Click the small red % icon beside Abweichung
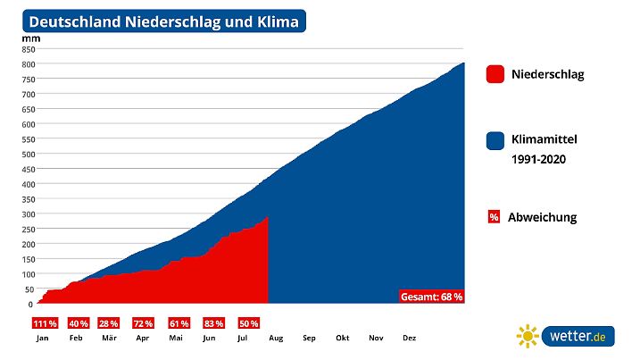pos(494,217)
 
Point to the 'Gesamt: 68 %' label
pos(431,297)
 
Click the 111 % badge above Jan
pos(44,323)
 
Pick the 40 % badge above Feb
pos(77,323)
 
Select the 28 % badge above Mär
pos(109,323)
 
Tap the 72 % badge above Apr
pos(143,323)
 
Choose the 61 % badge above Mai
pos(177,323)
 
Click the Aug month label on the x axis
pos(276,339)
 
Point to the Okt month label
pos(343,339)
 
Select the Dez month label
pos(410,339)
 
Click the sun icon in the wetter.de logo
pos(528,336)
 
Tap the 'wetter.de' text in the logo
pos(578,336)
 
